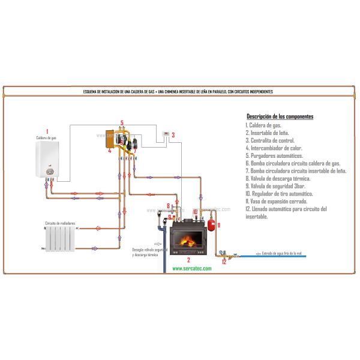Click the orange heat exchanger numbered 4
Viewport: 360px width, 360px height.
click(110, 139)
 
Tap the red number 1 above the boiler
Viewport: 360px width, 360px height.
click(47, 131)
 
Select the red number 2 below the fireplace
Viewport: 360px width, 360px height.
click(188, 260)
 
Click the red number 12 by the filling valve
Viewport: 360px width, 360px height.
click(224, 262)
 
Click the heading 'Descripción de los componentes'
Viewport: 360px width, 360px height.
click(280, 116)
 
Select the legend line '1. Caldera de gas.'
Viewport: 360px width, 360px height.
click(263, 125)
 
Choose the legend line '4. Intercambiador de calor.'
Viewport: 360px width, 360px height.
click(274, 148)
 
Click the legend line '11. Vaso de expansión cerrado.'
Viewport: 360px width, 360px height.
click(277, 202)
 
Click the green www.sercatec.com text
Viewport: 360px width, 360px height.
click(192, 269)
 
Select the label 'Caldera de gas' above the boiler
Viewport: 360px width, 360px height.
click(46, 138)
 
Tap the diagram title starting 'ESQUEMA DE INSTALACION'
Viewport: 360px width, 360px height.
click(178, 92)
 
